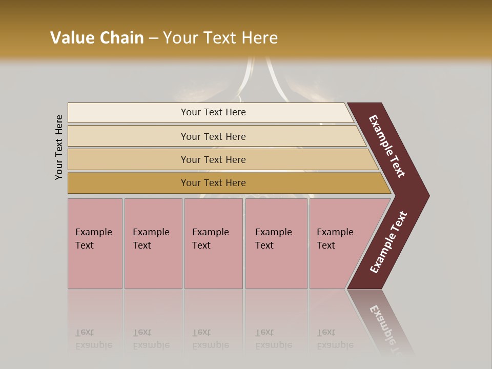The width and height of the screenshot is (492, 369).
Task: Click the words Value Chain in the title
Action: [97, 38]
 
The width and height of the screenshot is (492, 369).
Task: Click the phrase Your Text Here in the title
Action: [220, 38]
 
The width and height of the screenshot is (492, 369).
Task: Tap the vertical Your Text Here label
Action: [59, 147]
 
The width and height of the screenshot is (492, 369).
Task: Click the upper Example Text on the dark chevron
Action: [387, 146]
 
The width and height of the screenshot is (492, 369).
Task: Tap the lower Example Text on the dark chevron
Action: [388, 242]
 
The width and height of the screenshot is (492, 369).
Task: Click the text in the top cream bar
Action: [213, 112]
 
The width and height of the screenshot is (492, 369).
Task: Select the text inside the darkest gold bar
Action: [213, 183]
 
